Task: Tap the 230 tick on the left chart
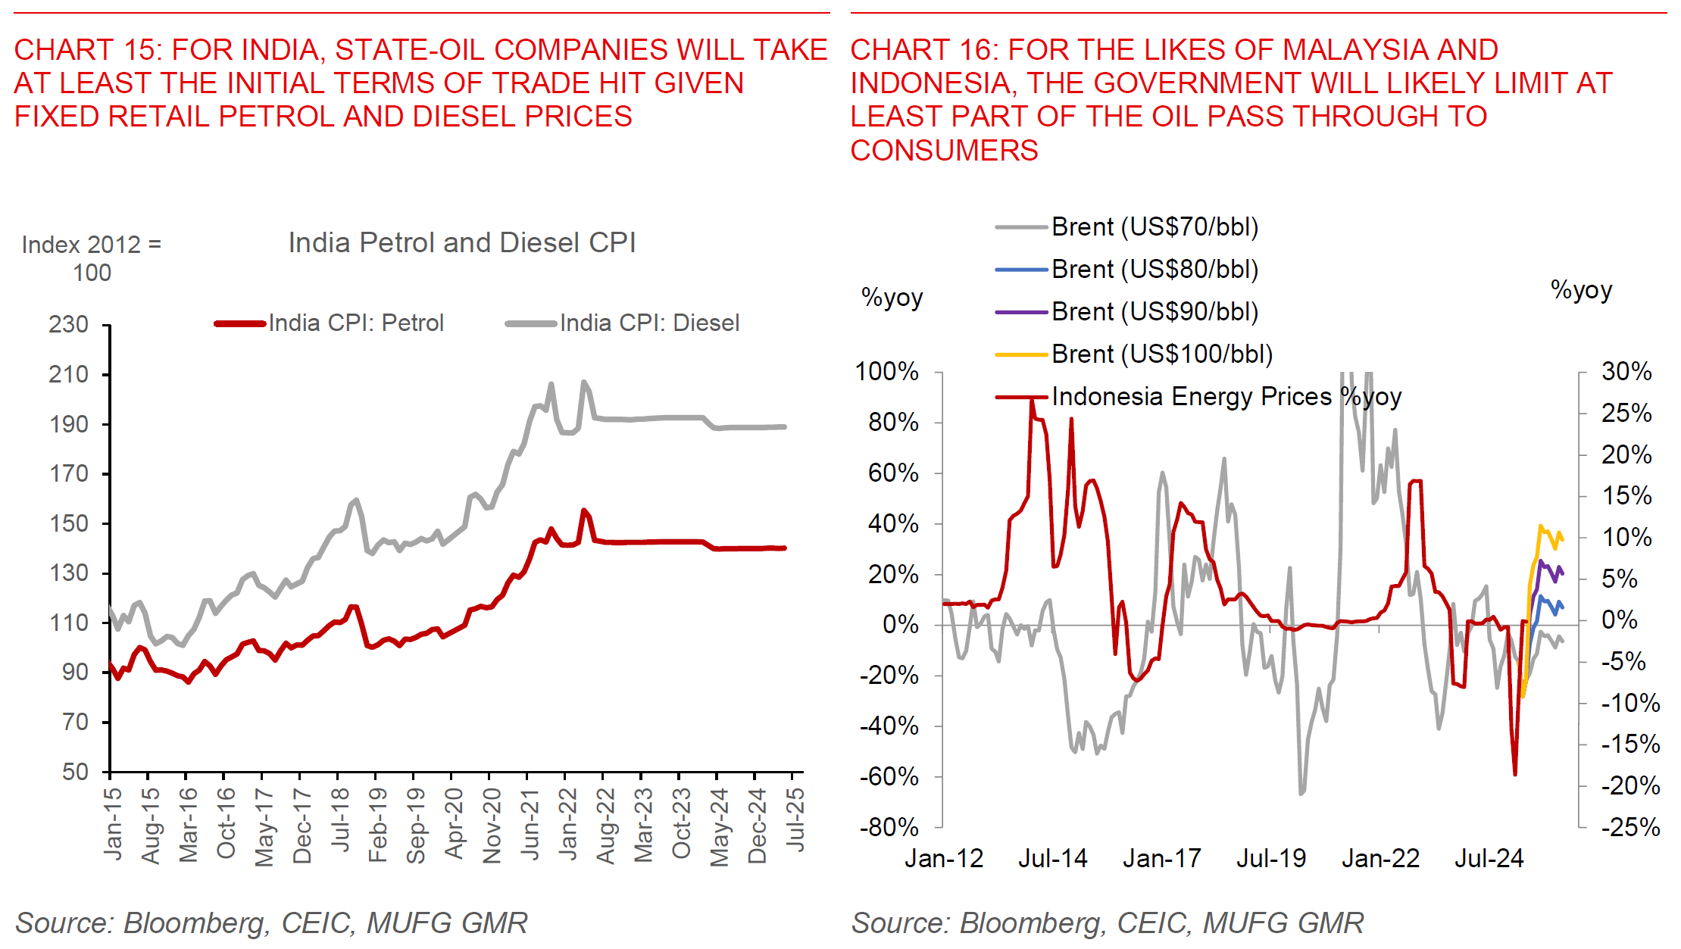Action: (69, 325)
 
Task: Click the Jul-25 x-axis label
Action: (795, 819)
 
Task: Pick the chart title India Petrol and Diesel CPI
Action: (462, 243)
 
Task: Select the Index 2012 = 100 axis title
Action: (92, 258)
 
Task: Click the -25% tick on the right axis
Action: (1630, 827)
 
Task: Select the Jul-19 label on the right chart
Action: (1271, 859)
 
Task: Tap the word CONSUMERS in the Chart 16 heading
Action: (944, 151)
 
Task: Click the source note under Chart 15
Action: (271, 923)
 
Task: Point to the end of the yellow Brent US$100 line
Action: (1562, 539)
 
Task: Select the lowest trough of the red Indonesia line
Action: (1515, 774)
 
